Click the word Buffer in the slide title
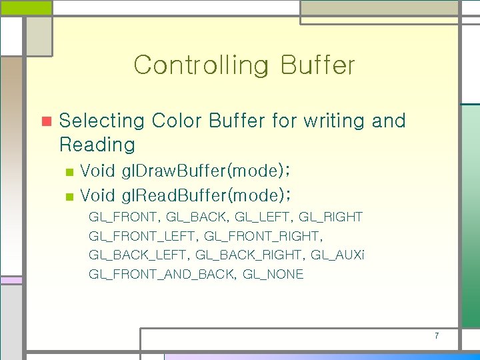318,65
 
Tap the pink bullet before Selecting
46,121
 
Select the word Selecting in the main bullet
102,121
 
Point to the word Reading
97,144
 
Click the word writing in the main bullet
334,121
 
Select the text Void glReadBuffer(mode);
187,195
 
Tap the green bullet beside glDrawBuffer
69,172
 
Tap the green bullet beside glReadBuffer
69,196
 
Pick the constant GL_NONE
273,274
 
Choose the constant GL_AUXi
338,255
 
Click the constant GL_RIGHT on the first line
331,217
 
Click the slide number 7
437,335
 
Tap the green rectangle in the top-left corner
25,7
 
